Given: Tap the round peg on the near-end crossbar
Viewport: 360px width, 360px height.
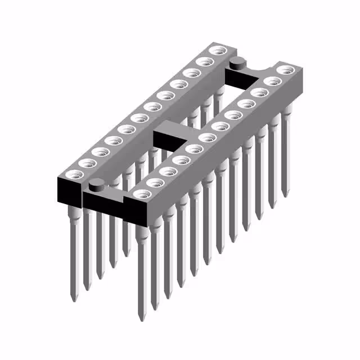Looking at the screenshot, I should (x=97, y=183).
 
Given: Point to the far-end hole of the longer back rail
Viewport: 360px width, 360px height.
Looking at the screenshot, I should (x=215, y=52).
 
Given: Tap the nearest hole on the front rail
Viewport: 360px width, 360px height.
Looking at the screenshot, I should (x=139, y=195).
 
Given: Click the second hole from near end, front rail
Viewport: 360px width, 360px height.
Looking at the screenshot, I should (x=154, y=182).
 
